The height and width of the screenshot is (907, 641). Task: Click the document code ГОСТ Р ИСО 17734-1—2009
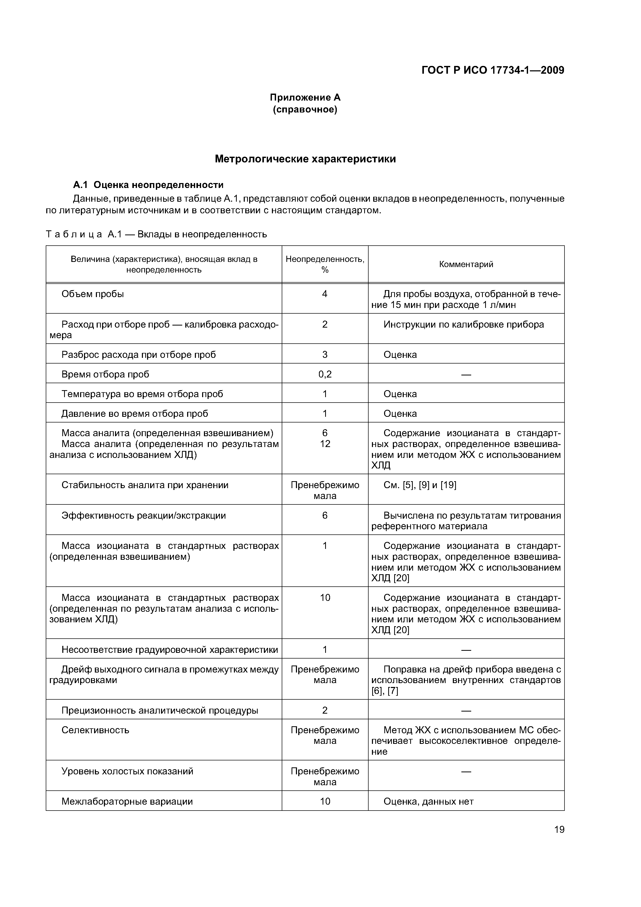click(492, 70)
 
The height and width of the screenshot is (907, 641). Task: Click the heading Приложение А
click(305, 97)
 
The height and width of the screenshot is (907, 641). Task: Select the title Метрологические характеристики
click(305, 159)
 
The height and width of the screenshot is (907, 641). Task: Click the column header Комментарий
click(466, 264)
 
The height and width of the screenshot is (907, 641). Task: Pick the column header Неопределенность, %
click(325, 264)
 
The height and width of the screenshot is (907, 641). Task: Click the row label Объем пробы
click(93, 294)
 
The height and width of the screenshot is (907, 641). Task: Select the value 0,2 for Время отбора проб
click(325, 374)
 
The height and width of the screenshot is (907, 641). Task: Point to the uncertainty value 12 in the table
click(325, 444)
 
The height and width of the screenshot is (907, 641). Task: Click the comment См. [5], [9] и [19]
click(419, 485)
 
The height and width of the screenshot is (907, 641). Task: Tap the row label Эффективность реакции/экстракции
click(143, 516)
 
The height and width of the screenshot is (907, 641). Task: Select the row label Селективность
click(95, 730)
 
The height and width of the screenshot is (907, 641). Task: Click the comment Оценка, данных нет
click(428, 802)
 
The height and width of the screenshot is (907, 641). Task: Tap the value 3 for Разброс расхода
click(325, 354)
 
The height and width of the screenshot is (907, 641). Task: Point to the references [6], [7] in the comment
click(385, 691)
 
